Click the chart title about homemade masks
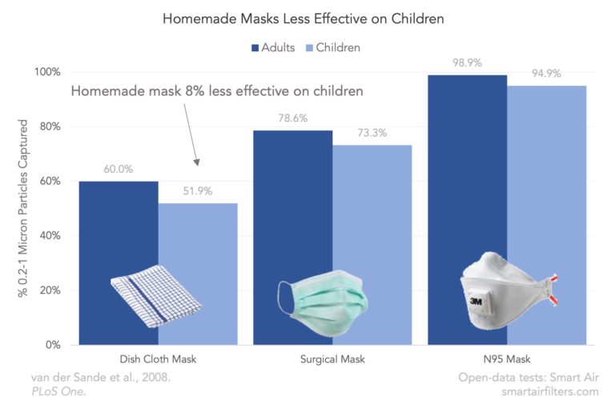pos(303,18)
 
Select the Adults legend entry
pos(273,47)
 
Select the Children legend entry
pos(332,47)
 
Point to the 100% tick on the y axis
pos(47,72)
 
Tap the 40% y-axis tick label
pos(50,236)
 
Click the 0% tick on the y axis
pos(53,345)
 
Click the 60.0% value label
pos(118,169)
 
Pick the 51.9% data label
pos(198,191)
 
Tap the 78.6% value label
pos(293,118)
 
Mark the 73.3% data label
pos(372,133)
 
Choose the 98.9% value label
pos(467,62)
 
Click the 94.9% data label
pos(546,74)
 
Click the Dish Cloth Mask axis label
pos(158,359)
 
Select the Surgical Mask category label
pos(332,359)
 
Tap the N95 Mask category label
pos(507,359)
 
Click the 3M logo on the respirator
pos(476,301)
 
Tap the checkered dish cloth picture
pos(156,296)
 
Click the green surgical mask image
pos(323,303)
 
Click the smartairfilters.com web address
pos(550,391)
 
